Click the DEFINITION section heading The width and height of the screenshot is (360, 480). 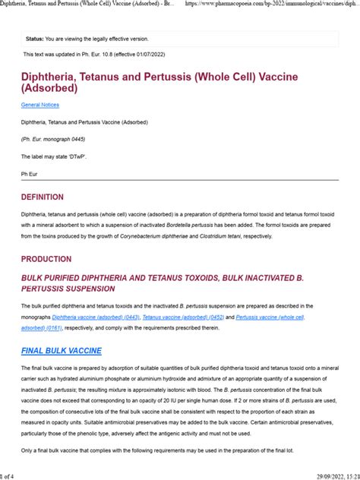[43, 197]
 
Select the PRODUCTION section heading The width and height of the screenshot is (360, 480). [46, 258]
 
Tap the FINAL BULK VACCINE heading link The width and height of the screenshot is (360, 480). [62, 351]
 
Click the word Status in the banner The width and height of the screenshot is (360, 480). [36, 38]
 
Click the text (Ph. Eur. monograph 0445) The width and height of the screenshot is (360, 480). [54, 140]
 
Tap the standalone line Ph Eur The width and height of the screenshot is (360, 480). [29, 175]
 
